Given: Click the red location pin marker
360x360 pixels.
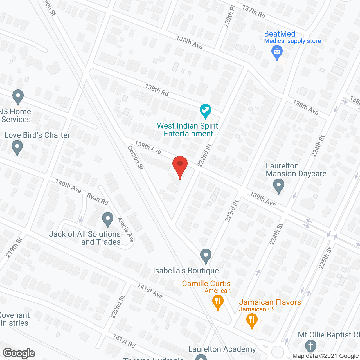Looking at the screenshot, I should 180,165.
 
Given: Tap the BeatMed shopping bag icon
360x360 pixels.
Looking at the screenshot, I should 277,52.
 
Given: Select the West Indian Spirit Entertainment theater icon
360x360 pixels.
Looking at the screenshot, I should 206,111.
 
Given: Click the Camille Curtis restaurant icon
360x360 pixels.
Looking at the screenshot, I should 218,301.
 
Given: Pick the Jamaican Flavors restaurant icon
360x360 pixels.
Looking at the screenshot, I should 252,320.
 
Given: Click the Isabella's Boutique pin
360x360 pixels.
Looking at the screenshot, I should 206,256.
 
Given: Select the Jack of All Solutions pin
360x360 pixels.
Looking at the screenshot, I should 107,219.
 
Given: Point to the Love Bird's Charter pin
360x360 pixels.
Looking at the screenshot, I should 17,147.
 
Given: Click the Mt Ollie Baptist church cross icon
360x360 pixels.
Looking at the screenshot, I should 311,346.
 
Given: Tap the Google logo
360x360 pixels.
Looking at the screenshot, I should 19,353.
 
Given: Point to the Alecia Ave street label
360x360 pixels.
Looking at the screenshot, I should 125,230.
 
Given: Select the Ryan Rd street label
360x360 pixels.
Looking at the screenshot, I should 98,199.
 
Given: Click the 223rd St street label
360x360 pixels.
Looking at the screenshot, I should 232,211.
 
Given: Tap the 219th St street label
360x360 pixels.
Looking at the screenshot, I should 14,247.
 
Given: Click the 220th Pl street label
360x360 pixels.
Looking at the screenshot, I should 229,16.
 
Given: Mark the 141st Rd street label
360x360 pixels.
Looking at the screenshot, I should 124,341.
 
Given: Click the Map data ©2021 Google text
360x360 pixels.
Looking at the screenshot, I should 326,356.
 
